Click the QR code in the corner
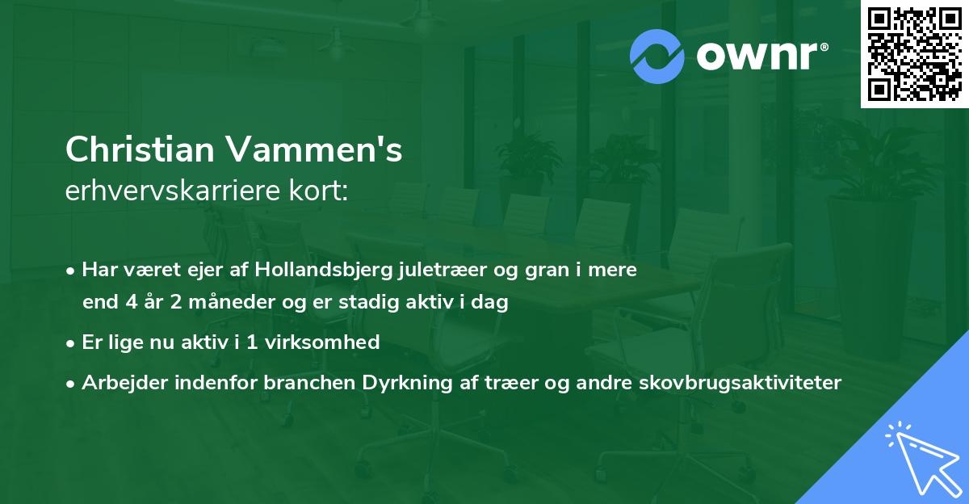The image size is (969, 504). [914, 54]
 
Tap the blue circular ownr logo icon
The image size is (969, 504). [657, 57]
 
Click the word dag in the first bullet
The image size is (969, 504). [493, 304]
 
